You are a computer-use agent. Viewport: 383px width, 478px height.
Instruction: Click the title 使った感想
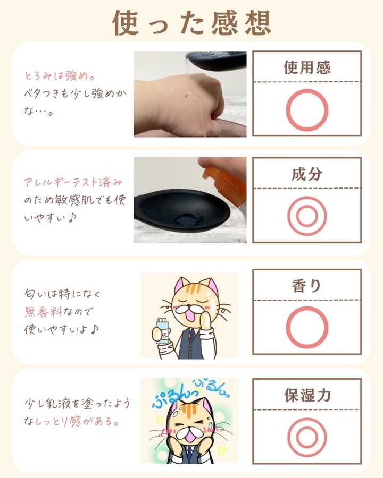pos(191,23)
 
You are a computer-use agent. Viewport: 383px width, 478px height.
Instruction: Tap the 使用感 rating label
pos(307,67)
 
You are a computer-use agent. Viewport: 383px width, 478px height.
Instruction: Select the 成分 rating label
pos(307,174)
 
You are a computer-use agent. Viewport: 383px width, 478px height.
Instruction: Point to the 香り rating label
pos(306,286)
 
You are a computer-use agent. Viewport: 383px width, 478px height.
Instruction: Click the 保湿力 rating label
pos(307,395)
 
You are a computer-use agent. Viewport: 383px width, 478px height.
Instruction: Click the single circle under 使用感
pos(287,110)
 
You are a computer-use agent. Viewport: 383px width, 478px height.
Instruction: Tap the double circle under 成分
pos(288,216)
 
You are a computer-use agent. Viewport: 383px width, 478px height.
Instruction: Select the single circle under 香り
pos(287,327)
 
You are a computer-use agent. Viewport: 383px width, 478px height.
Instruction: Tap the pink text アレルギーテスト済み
pos(73,182)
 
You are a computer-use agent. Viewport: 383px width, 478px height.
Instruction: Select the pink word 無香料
pos(43,312)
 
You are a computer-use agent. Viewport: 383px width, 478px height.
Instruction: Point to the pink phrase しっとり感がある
pos(77,422)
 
